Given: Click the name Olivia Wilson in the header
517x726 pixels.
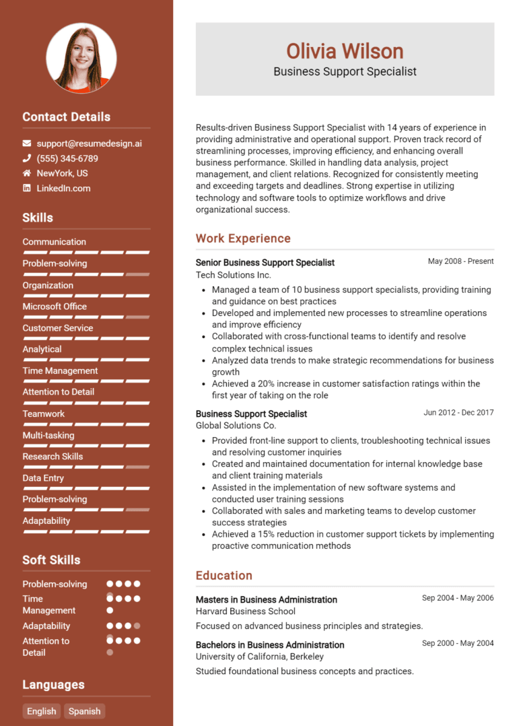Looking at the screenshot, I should tap(345, 51).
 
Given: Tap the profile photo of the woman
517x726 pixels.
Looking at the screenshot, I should tap(81, 58).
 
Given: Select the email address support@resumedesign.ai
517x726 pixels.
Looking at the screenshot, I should tap(89, 143).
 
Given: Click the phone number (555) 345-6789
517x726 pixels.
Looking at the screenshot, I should tap(67, 158).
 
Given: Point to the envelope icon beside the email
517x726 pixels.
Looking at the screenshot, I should tap(27, 143).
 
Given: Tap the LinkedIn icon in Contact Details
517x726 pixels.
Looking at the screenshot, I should tap(27, 188).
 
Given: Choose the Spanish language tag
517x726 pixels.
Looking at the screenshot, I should tap(85, 711).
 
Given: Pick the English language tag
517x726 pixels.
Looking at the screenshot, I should tap(42, 711).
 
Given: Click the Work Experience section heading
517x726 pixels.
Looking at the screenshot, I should tap(243, 238).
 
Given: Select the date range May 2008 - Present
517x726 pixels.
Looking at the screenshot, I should tap(460, 261).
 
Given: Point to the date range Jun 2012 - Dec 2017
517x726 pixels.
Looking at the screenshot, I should tap(458, 412).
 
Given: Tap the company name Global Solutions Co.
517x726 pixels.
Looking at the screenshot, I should tap(236, 426).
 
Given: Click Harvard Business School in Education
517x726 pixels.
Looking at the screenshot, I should tap(245, 612).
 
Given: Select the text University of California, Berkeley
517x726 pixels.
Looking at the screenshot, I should tap(259, 657).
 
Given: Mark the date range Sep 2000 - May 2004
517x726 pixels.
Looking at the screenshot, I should tap(458, 643).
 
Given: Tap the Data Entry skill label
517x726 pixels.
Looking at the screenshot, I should tap(43, 478).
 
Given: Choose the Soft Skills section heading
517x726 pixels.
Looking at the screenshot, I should tap(51, 560).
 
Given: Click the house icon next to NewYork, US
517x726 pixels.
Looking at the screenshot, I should tap(27, 173).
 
